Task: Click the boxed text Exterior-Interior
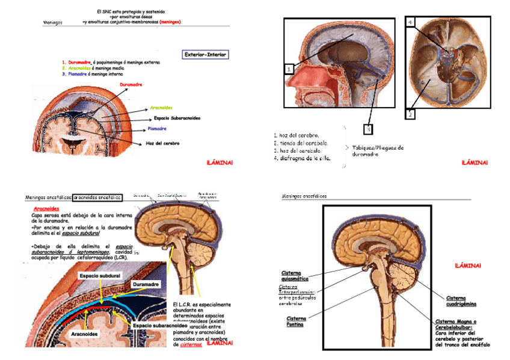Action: point(205,55)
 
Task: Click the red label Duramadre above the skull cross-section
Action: point(131,85)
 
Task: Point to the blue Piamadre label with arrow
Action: point(157,129)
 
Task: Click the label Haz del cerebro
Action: point(162,143)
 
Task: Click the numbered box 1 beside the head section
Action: point(289,69)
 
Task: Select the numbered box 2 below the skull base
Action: point(410,113)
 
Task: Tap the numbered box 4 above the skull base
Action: point(410,23)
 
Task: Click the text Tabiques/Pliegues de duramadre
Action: point(378,151)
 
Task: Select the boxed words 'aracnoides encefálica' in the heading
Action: point(97,197)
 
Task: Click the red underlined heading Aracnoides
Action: point(46,209)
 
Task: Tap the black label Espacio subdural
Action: point(99,275)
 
